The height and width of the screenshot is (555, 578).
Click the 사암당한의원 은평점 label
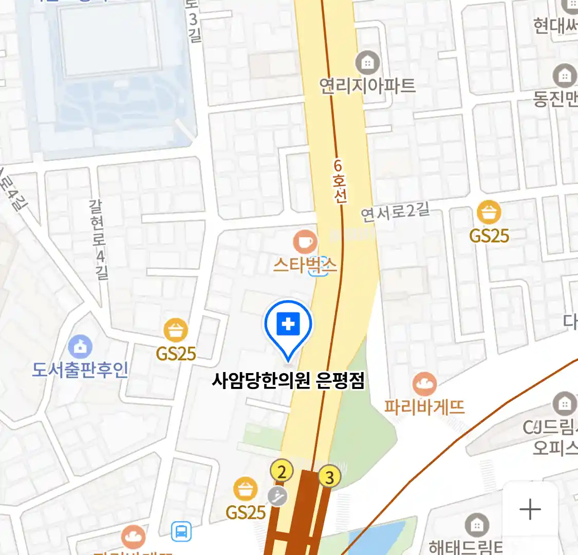[x=288, y=381]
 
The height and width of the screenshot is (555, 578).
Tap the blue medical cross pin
[x=288, y=325]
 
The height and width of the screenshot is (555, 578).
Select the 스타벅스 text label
[x=305, y=265]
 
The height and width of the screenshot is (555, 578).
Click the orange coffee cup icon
[x=305, y=242]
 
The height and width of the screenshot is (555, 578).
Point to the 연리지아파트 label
[x=367, y=85]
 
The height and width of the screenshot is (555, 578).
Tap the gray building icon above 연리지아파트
[x=367, y=63]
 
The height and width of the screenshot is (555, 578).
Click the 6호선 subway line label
[x=339, y=181]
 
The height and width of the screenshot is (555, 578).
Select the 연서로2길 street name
[x=395, y=212]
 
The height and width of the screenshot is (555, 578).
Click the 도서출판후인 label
[x=80, y=369]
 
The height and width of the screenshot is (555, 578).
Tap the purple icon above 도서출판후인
[x=80, y=347]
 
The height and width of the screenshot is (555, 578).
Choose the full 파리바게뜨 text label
[x=424, y=407]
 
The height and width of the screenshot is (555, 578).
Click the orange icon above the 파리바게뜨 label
[x=424, y=384]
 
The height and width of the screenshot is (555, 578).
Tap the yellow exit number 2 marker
[x=282, y=471]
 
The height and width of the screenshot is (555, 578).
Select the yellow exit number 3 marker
[x=329, y=477]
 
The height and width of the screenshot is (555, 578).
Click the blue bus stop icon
[x=181, y=531]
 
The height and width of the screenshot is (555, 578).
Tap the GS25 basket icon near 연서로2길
[x=489, y=212]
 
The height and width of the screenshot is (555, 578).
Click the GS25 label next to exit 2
[x=246, y=512]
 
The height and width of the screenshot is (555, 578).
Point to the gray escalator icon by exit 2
[x=278, y=496]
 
